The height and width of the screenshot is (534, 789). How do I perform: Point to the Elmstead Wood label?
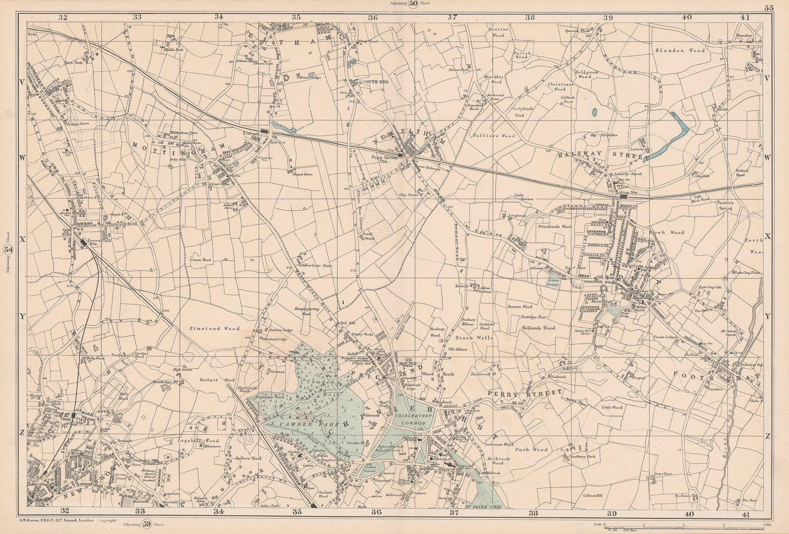pos(214,328)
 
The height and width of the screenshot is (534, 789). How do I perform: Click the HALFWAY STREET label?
pos(601,155)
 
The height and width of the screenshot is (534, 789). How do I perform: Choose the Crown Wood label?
pos(201,259)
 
